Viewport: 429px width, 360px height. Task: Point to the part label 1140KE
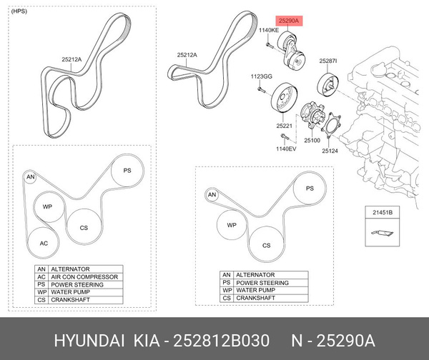[x=268, y=30]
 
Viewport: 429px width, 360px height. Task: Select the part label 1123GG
[x=261, y=76]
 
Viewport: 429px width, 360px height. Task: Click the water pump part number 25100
[x=312, y=140]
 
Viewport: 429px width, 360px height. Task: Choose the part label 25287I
[x=329, y=61]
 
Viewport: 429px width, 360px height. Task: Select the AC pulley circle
[x=44, y=244]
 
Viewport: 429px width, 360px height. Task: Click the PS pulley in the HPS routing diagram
[x=127, y=171]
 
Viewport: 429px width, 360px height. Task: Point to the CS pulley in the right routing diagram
[x=267, y=245]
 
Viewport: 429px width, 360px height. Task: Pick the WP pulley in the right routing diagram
[x=232, y=225]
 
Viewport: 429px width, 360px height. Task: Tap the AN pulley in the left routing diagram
[x=30, y=176]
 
